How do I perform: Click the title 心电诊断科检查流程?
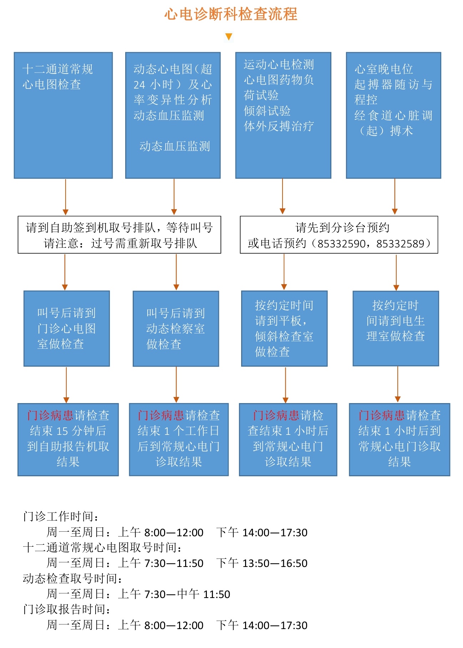(x=231, y=14)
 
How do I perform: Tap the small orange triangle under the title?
(x=229, y=36)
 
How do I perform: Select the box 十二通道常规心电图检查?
(x=63, y=115)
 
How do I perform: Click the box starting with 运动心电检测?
(x=283, y=115)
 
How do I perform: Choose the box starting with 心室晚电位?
(x=393, y=115)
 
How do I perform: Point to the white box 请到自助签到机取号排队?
(x=119, y=235)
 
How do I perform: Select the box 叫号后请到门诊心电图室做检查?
(x=67, y=328)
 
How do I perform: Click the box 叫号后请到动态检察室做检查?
(x=176, y=329)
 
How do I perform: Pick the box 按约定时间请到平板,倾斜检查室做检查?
(x=284, y=328)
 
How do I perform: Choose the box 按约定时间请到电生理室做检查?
(x=396, y=328)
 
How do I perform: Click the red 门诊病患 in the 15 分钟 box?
(x=50, y=415)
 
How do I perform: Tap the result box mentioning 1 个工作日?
(x=179, y=439)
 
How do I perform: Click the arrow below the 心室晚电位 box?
(x=395, y=196)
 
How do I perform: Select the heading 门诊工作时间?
(x=61, y=516)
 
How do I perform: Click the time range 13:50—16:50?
(x=275, y=563)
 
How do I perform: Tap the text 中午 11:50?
(x=204, y=594)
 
